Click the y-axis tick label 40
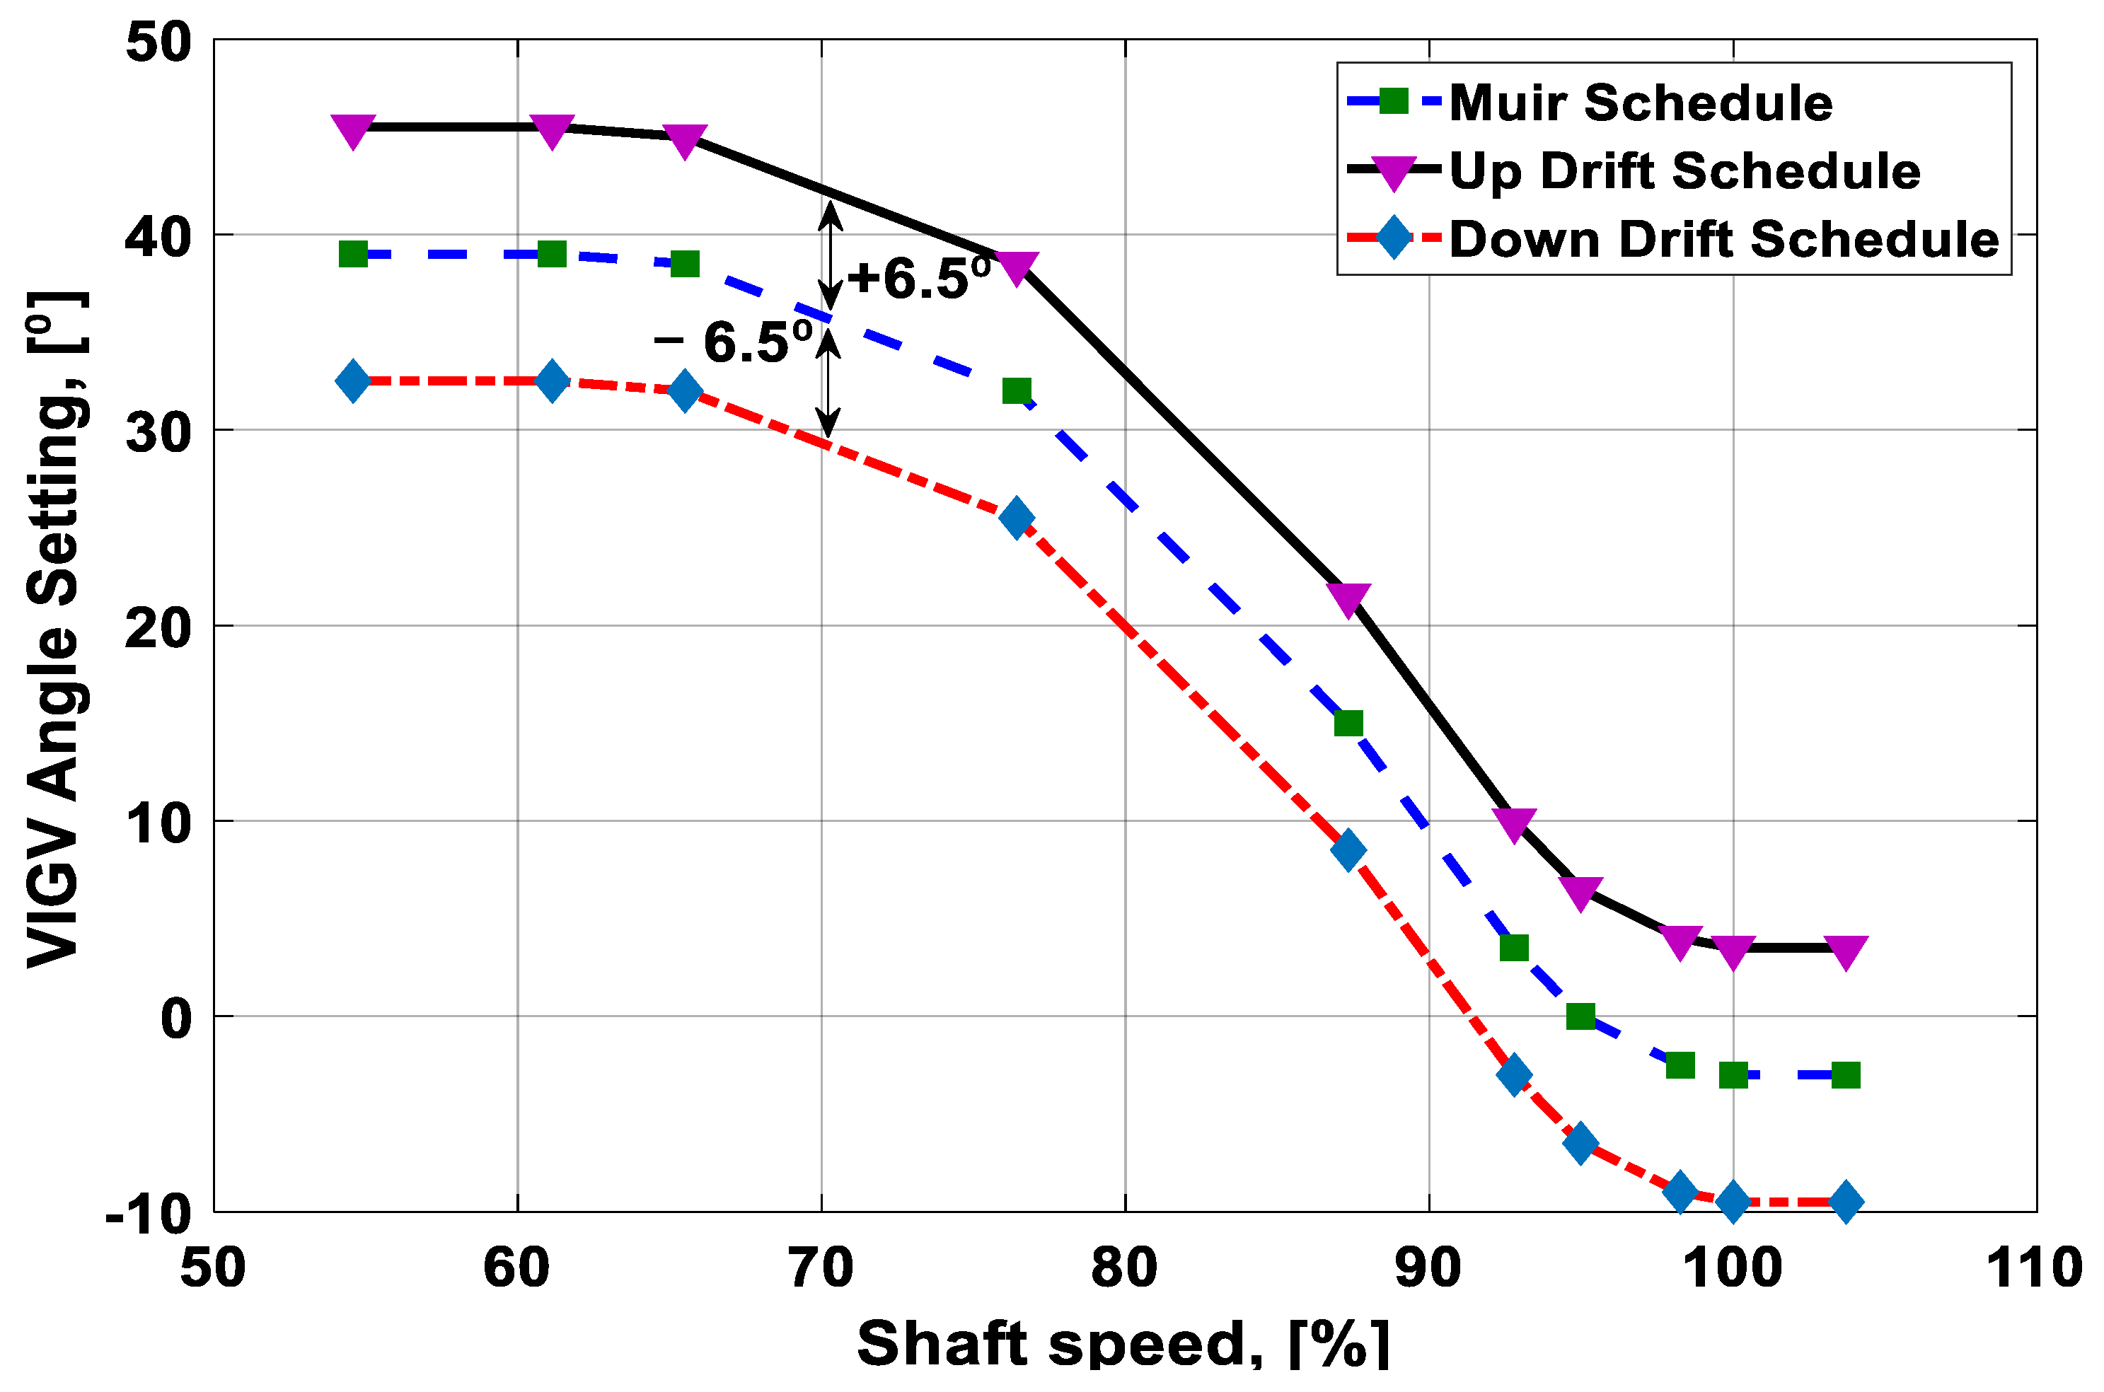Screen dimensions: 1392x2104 158,237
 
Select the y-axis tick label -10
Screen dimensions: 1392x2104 149,1214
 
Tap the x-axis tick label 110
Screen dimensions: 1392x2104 2033,1268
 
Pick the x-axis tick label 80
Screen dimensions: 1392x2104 1124,1268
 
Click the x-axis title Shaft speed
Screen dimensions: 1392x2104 1122,1343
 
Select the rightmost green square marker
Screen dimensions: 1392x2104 1846,1075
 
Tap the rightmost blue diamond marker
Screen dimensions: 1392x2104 1846,1202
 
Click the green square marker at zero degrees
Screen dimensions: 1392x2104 1580,1016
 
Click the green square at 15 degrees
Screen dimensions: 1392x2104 1348,724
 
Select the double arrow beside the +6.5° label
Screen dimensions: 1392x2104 830,255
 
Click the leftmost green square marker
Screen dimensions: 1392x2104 353,255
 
